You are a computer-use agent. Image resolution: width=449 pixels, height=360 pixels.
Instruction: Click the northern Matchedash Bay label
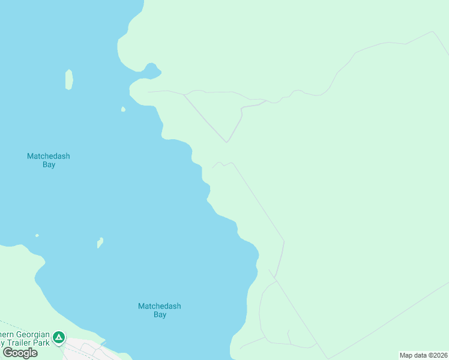pyautogui.click(x=49, y=160)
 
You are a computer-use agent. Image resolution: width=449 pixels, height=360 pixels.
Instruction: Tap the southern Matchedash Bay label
pyautogui.click(x=159, y=310)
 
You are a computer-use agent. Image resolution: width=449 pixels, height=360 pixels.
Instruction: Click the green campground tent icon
pyautogui.click(x=59, y=337)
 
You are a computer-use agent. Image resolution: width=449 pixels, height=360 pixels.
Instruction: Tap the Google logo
pyautogui.click(x=20, y=353)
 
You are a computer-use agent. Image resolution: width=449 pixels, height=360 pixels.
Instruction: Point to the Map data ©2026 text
pyautogui.click(x=423, y=355)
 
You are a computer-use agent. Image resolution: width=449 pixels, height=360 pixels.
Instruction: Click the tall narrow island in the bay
pyautogui.click(x=69, y=80)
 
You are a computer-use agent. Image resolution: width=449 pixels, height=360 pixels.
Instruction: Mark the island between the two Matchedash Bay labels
pyautogui.click(x=100, y=242)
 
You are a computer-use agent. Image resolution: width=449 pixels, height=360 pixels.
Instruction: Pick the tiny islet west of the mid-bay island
pyautogui.click(x=37, y=235)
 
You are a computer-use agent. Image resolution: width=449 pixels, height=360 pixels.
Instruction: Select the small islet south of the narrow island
pyautogui.click(x=123, y=109)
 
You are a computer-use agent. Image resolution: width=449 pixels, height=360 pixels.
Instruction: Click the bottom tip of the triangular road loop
pyautogui.click(x=226, y=142)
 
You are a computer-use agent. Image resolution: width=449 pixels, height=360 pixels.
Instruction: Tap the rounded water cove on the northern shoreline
pyautogui.click(x=151, y=70)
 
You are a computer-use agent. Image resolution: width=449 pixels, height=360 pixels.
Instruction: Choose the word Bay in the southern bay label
pyautogui.click(x=160, y=314)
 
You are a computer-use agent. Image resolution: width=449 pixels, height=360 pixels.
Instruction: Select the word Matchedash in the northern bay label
pyautogui.click(x=49, y=156)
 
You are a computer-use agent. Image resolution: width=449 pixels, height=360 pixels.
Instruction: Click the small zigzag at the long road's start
pyautogui.click(x=221, y=164)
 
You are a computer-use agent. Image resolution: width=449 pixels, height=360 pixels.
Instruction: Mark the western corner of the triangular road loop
pyautogui.click(x=185, y=95)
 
